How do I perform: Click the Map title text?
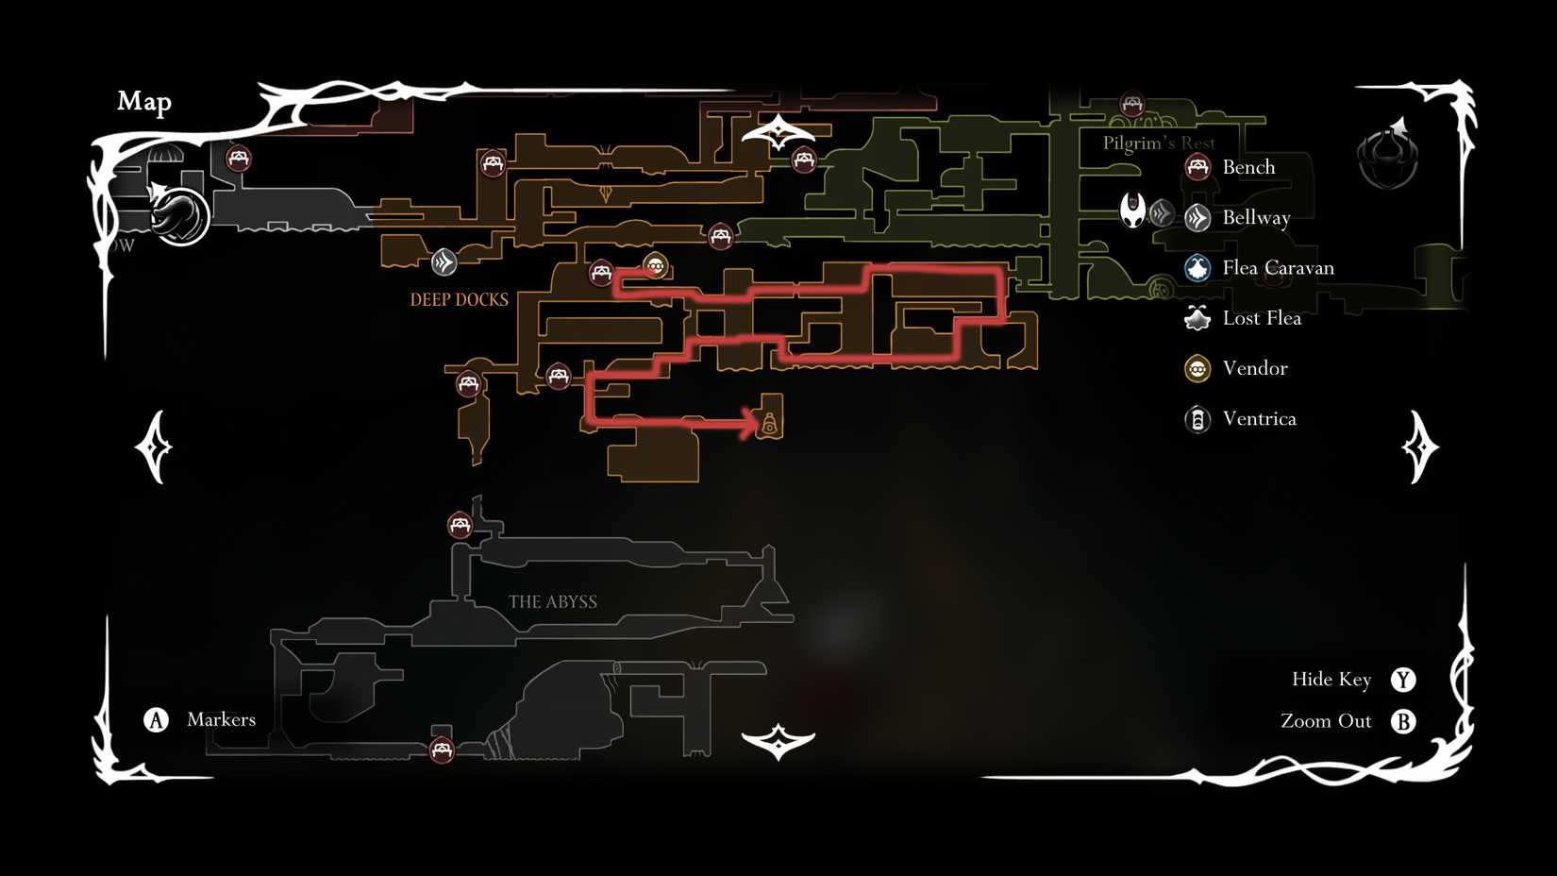[x=144, y=101]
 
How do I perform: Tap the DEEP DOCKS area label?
[x=459, y=300]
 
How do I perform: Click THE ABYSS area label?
[x=553, y=602]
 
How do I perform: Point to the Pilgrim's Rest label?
[x=1159, y=143]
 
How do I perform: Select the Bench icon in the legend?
[x=1197, y=167]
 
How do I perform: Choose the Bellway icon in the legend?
[x=1197, y=218]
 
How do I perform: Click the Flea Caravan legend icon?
[x=1197, y=268]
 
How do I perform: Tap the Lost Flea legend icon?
[x=1197, y=318]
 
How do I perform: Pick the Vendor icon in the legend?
[x=1197, y=368]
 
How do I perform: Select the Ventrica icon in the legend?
[x=1197, y=419]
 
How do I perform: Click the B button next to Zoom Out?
[x=1403, y=721]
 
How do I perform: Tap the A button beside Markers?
[x=156, y=720]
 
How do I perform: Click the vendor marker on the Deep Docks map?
[x=656, y=265]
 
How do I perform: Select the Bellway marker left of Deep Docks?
[x=444, y=261]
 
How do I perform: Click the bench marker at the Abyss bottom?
[x=442, y=750]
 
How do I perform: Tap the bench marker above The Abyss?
[x=460, y=525]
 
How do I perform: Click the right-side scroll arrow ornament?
[x=1419, y=446]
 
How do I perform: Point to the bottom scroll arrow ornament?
[x=778, y=742]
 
